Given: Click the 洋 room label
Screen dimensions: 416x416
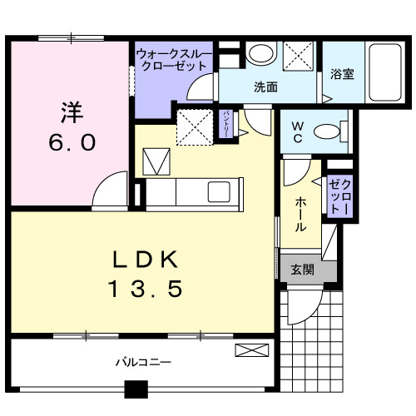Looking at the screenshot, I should click(70, 110).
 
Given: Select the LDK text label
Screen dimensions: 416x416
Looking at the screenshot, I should click(146, 260).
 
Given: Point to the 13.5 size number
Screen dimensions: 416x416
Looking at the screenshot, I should click(146, 290).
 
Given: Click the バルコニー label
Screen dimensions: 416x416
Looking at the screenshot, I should click(143, 363).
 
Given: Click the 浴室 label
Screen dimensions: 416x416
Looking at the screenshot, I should click(342, 73).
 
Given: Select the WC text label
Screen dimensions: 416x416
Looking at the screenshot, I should click(297, 131).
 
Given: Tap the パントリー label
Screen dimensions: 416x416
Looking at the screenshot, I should click(225, 125).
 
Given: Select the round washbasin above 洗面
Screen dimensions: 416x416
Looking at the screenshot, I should click(261, 55).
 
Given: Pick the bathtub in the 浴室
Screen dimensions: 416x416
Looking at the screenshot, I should click(386, 73).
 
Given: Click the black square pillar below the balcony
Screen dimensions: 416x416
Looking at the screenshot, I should click(135, 389).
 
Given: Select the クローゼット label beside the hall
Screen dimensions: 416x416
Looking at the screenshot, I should click(338, 197).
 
